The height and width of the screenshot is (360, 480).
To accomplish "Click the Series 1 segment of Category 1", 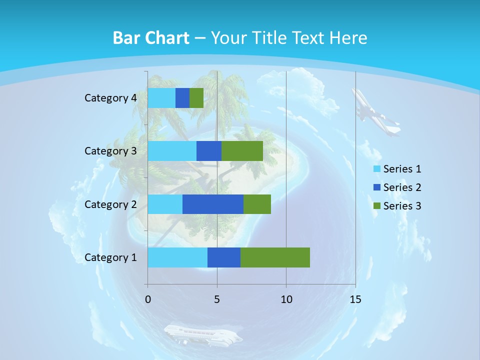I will pyautogui.click(x=177, y=257).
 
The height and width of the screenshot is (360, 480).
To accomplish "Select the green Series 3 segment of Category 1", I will pyautogui.click(x=275, y=257).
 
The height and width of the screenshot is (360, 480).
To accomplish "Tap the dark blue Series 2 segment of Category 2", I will pyautogui.click(x=212, y=204).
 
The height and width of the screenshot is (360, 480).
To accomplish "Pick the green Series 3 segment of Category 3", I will pyautogui.click(x=242, y=151).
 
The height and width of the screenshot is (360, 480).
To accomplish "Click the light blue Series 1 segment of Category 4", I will pyautogui.click(x=161, y=98).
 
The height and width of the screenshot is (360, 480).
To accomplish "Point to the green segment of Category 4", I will pyautogui.click(x=196, y=98).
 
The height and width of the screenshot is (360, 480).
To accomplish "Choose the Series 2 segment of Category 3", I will pyautogui.click(x=209, y=151).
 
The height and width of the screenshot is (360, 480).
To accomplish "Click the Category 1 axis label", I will pyautogui.click(x=110, y=257).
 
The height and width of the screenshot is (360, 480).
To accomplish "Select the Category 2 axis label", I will pyautogui.click(x=110, y=204).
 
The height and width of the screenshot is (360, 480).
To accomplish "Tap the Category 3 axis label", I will pyautogui.click(x=110, y=150).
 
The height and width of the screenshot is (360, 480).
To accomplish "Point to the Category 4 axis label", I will pyautogui.click(x=110, y=98).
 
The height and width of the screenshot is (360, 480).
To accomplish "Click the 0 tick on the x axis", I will pyautogui.click(x=148, y=299).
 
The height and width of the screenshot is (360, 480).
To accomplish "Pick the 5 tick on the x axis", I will pyautogui.click(x=217, y=299).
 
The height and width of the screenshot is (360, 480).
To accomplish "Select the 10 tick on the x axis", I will pyautogui.click(x=286, y=299).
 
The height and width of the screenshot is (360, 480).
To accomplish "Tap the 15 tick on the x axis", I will pyautogui.click(x=355, y=299).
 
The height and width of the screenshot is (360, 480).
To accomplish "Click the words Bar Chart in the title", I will pyautogui.click(x=151, y=38).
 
